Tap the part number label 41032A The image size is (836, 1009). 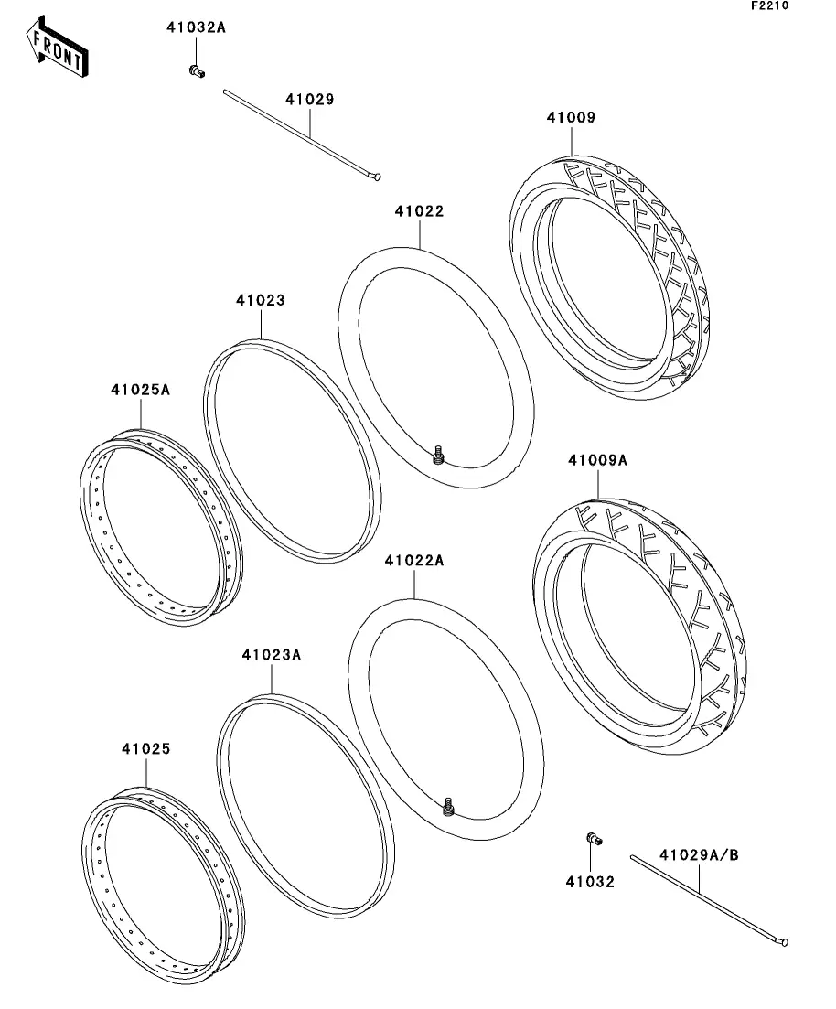coord(196,27)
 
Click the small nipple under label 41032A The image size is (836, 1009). coord(197,71)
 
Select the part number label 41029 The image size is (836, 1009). coord(309,99)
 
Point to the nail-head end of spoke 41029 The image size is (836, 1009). coord(377,176)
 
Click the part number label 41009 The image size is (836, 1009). coord(571,117)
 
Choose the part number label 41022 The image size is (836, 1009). coord(419,211)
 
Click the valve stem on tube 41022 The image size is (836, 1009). coord(439,455)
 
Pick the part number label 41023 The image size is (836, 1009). coord(260,300)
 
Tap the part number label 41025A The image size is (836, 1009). coord(140,390)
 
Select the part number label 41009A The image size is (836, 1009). coord(597,460)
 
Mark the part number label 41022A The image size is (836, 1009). coord(413,561)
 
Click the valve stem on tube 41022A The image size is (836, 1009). coord(449,806)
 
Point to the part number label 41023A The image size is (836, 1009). coord(271,655)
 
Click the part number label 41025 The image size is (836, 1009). coord(146,749)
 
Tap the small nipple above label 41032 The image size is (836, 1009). coord(594,839)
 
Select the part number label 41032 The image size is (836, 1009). coord(590,882)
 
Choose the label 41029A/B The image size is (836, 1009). coord(699,855)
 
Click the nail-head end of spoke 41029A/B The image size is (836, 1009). coord(783,942)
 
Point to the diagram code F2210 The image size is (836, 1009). coord(770,5)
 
